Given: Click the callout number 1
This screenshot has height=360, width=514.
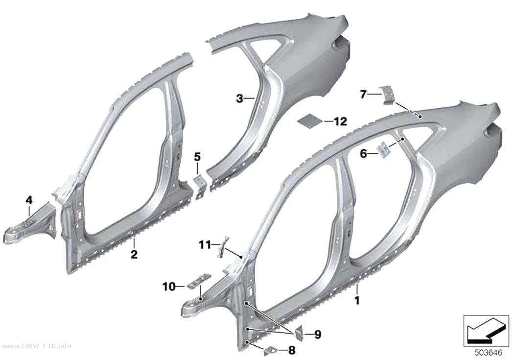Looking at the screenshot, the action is (x=357, y=300).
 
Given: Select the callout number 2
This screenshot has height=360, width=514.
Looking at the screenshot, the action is (x=134, y=254).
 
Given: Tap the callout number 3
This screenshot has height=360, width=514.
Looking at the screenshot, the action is (x=240, y=98).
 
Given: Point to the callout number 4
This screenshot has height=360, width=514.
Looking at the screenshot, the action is (x=29, y=199).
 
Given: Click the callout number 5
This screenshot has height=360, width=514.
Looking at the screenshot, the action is (x=197, y=157).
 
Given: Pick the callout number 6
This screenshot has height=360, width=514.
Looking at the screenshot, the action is (x=364, y=153).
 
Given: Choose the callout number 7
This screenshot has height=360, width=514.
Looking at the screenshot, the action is (x=363, y=95).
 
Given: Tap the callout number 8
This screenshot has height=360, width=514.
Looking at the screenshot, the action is (x=291, y=350).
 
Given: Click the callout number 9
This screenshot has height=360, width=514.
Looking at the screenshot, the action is (x=317, y=335).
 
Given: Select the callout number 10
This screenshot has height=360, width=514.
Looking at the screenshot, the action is (x=169, y=287).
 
